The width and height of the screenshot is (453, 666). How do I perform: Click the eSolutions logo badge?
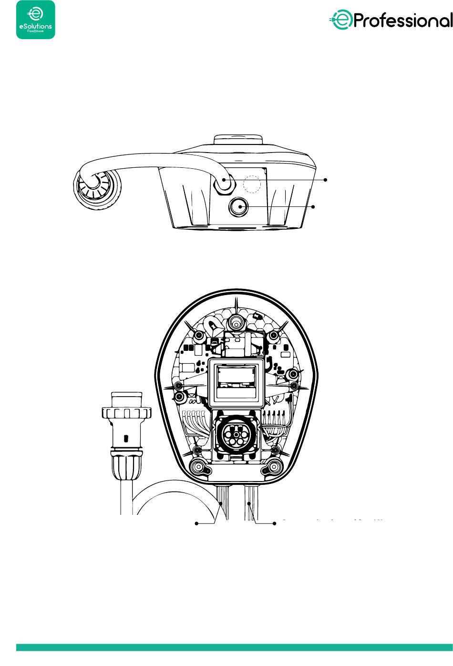pos(36,20)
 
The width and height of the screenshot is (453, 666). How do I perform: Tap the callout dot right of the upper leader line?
pos(326,180)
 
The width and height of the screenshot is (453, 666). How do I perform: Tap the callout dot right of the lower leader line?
pos(314,207)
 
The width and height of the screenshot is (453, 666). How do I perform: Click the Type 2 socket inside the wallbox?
pos(234,434)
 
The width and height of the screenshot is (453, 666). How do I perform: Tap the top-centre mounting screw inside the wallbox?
pos(235,323)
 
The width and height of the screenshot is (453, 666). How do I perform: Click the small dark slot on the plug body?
pos(125,438)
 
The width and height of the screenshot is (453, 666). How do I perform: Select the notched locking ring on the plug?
pos(126,411)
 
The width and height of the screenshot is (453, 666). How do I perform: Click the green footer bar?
pos(234,647)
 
